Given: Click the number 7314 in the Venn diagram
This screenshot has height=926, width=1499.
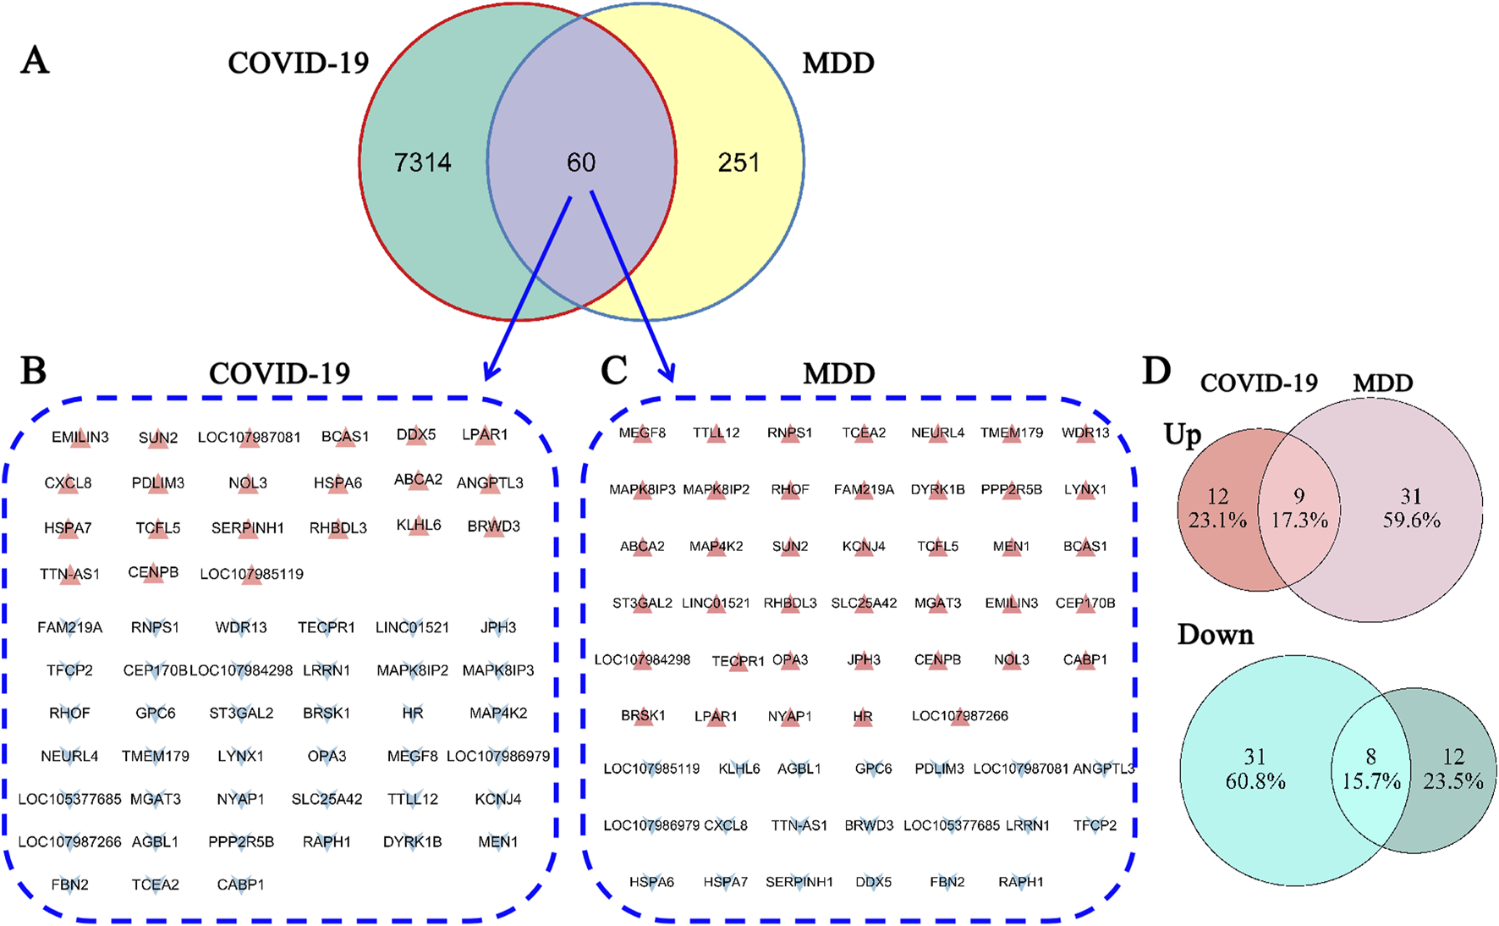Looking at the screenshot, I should click(x=422, y=162).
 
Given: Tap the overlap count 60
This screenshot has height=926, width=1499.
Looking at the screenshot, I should click(x=581, y=162).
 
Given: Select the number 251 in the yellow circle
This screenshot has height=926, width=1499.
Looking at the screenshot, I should click(x=739, y=162).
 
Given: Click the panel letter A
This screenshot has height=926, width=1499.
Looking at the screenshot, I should click(x=35, y=61).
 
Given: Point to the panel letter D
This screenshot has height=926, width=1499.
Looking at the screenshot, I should click(x=1156, y=371).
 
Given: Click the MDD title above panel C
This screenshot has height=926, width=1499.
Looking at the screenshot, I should click(x=838, y=373).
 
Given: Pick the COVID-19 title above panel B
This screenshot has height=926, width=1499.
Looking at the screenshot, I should click(x=279, y=373).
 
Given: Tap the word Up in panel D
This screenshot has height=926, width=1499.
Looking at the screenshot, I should click(x=1183, y=435).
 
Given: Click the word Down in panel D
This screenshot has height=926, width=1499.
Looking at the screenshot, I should click(x=1215, y=635).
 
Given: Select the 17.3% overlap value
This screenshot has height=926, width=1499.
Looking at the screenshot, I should click(x=1299, y=520).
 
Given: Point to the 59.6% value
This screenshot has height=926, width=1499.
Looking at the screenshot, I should click(x=1411, y=520).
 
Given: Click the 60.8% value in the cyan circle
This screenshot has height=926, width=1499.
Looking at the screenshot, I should click(x=1255, y=780).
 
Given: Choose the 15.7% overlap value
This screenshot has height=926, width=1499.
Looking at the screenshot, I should click(x=1371, y=780).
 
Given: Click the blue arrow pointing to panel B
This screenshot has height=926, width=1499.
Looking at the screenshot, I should click(x=528, y=288).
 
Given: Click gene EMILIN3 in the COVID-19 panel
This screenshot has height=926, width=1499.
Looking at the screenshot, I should click(x=80, y=438).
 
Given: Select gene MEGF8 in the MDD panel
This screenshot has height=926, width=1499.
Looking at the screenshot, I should click(x=642, y=433).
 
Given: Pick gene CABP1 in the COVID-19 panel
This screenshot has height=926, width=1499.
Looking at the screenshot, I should click(x=240, y=885).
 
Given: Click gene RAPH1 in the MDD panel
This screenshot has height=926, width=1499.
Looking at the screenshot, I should click(x=1021, y=882).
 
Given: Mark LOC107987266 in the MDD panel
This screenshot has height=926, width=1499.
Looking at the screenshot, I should click(x=959, y=716).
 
